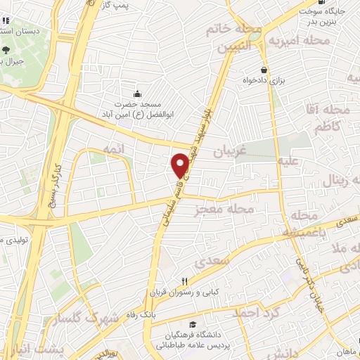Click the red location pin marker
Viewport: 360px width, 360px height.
[179, 165]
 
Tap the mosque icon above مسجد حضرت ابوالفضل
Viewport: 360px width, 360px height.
[138, 94]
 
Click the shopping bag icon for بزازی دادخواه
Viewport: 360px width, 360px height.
[264, 70]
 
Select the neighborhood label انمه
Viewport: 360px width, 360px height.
[114, 150]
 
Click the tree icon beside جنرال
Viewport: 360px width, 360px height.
[6, 49]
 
